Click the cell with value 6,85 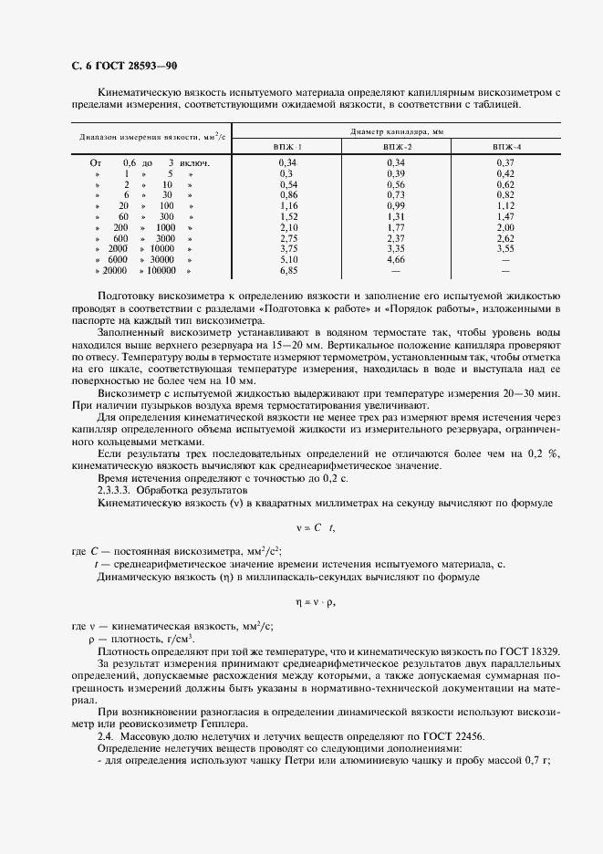[x=288, y=271]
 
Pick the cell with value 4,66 [x=396, y=260]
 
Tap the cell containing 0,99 [x=396, y=205]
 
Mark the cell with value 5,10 [x=288, y=260]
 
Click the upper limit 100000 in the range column [x=161, y=271]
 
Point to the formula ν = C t [x=302, y=527]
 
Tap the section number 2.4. [x=105, y=735]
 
